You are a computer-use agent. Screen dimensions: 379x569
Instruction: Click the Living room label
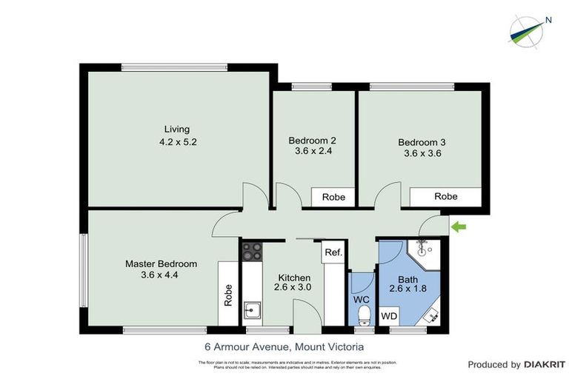pyautogui.click(x=178, y=129)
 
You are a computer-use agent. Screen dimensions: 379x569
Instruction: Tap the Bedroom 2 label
pyautogui.click(x=312, y=141)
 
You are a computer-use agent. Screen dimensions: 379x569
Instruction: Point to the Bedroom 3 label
pyautogui.click(x=421, y=142)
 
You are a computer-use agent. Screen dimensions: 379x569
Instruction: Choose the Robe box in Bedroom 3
pyautogui.click(x=445, y=196)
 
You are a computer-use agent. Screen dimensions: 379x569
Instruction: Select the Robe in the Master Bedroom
pyautogui.click(x=228, y=294)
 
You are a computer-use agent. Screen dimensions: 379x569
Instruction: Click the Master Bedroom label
pyautogui.click(x=161, y=264)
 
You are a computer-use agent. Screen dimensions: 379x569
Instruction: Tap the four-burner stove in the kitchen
pyautogui.click(x=252, y=252)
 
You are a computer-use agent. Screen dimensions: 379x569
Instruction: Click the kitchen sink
pyautogui.click(x=252, y=312)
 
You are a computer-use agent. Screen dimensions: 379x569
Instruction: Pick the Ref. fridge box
pyautogui.click(x=333, y=252)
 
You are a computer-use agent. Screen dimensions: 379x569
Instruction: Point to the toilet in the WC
pyautogui.click(x=363, y=316)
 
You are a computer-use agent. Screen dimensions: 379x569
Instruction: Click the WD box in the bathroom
pyautogui.click(x=388, y=316)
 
